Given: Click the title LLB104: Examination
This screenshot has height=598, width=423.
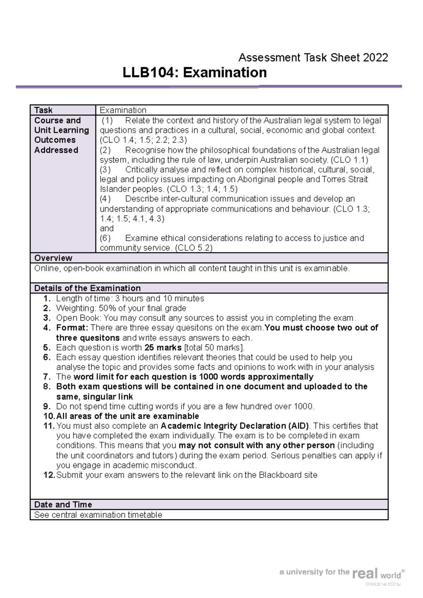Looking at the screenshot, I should pos(195,73).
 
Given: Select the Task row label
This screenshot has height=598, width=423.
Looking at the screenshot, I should pos(43,110).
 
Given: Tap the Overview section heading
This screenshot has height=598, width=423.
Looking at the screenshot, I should pos(53,258).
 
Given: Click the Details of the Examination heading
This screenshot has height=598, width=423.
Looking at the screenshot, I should pos(87,288).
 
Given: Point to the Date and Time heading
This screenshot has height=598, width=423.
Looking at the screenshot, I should pos(63,504).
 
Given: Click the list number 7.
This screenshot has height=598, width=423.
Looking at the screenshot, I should pos(47,377).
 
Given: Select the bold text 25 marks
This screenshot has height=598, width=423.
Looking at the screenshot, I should pos(163,348).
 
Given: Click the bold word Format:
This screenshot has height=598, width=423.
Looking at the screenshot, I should pos(72,328).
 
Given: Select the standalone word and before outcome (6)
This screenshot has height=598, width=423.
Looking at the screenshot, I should pos(106,228).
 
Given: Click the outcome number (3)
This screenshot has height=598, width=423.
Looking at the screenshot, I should pos(105,169).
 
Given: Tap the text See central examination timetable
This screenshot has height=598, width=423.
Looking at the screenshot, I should pos(98,515).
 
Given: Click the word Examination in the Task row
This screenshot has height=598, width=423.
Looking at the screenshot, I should pos(123,110).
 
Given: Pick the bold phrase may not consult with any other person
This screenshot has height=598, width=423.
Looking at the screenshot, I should pos(257,446).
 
